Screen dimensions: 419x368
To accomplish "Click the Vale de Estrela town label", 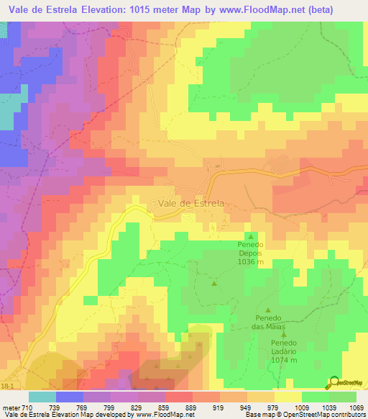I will (188, 204).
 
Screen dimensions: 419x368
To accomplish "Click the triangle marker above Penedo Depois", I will (251, 236).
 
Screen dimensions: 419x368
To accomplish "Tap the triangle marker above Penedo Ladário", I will (285, 333).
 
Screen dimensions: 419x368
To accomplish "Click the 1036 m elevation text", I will (251, 263).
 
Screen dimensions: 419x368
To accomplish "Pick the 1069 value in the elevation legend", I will (356, 408).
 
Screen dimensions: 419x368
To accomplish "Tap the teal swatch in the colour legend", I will (42, 397).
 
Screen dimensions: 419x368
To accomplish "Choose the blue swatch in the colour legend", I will (70, 397).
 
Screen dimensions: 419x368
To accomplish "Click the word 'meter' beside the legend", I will (11, 408).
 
